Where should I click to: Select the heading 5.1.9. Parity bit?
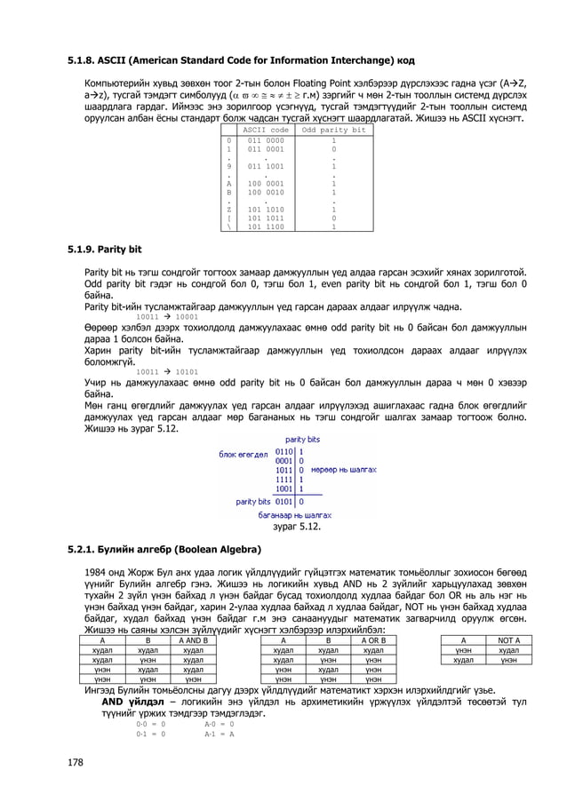[105, 249]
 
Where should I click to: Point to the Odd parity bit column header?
[333, 131]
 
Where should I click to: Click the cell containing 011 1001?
[265, 166]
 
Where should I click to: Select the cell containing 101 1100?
[265, 226]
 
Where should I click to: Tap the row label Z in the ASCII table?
[229, 210]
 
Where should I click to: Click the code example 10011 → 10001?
[167, 316]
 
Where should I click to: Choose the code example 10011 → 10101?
[167, 371]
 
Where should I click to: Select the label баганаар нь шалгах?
[294, 514]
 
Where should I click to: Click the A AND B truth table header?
[193, 639]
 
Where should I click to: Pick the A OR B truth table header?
[371, 639]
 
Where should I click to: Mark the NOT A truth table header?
[508, 639]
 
